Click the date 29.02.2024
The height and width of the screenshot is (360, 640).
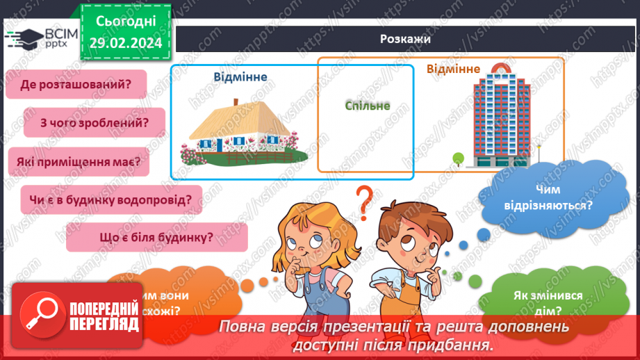pyautogui.click(x=126, y=42)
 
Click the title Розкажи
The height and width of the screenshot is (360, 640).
pyautogui.click(x=406, y=40)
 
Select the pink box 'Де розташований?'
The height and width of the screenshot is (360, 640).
pyautogui.click(x=76, y=85)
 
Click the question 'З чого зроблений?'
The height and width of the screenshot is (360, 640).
pyautogui.click(x=95, y=123)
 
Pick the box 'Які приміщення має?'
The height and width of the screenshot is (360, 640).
pyautogui.click(x=79, y=162)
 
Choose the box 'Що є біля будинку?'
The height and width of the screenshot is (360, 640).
pyautogui.click(x=156, y=238)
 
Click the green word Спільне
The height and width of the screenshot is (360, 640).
pyautogui.click(x=367, y=106)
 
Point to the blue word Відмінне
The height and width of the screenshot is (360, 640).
pyautogui.click(x=241, y=77)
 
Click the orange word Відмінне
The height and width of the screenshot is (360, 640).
pyautogui.click(x=453, y=69)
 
